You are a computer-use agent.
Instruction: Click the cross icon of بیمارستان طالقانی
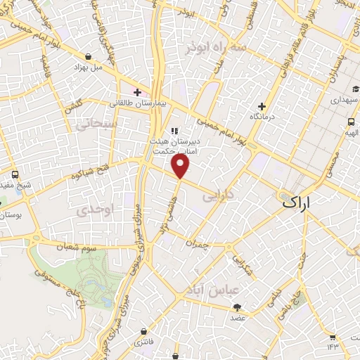(x=137, y=92)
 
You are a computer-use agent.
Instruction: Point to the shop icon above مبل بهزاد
(x=88, y=57)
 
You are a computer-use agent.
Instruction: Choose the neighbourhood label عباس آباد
(x=213, y=289)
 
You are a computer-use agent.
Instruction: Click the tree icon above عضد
(x=237, y=307)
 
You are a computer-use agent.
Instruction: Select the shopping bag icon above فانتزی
(x=144, y=331)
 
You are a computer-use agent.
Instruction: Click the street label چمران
(x=198, y=242)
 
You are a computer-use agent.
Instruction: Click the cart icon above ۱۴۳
(x=333, y=335)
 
